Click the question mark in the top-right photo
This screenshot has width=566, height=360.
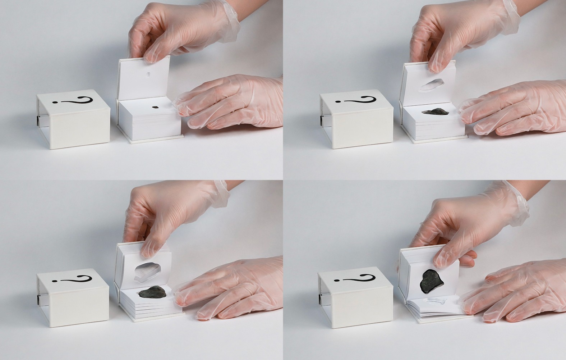(x=356, y=100)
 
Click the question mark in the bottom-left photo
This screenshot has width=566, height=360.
(x=72, y=279)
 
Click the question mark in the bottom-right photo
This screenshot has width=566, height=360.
(x=355, y=278)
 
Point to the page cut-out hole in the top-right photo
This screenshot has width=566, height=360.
(x=432, y=85)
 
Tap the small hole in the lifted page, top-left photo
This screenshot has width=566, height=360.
(x=148, y=74)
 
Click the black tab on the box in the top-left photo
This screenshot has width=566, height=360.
(x=38, y=121)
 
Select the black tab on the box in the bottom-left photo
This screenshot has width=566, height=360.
(x=38, y=299)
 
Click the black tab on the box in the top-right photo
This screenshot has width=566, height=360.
(x=322, y=120)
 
